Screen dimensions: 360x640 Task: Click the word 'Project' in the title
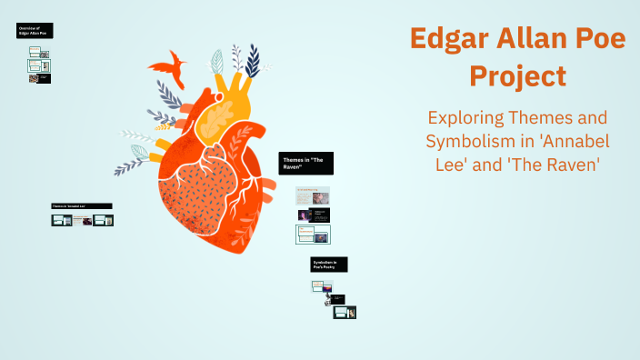(518, 75)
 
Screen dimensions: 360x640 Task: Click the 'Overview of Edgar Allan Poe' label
(35, 31)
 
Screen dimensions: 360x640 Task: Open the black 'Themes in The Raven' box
(306, 163)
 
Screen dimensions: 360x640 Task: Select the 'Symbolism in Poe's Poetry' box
(329, 265)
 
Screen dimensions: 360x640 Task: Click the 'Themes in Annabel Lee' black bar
(82, 206)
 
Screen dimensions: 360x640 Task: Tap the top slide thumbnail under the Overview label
(37, 54)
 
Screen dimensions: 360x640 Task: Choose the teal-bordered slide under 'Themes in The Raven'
(314, 235)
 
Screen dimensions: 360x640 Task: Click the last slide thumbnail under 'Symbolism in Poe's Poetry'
(344, 313)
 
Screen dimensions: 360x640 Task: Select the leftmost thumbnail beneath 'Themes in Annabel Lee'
(62, 220)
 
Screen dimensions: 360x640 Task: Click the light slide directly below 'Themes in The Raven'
(313, 195)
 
